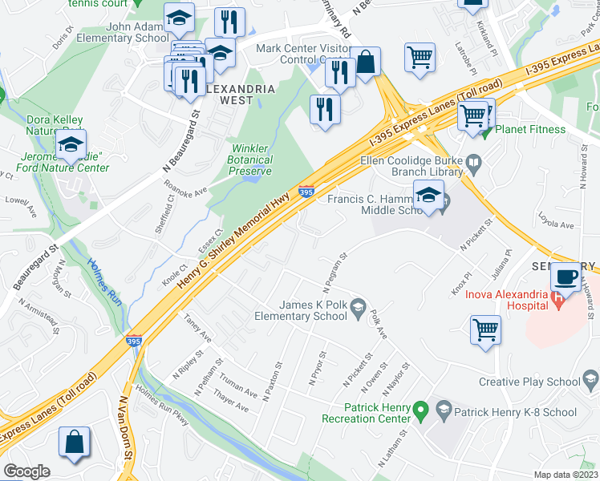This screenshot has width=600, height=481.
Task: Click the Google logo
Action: (26, 471)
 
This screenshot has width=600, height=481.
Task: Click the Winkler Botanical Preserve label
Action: (252, 160)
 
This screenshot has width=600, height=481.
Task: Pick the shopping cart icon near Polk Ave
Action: (486, 329)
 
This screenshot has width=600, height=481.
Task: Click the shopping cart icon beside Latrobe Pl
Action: (420, 57)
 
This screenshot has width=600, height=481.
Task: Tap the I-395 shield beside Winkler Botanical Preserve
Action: (306, 192)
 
